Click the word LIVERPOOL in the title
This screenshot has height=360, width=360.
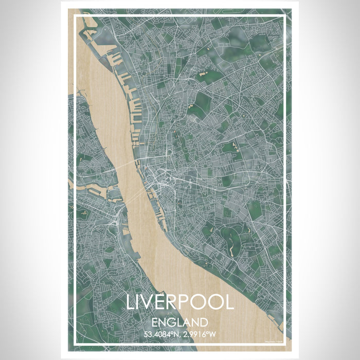pyautogui.click(x=180, y=303)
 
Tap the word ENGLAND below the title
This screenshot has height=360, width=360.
pyautogui.click(x=180, y=323)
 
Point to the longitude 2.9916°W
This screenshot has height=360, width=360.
pyautogui.click(x=200, y=334)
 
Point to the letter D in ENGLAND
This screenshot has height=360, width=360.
pyautogui.click(x=204, y=323)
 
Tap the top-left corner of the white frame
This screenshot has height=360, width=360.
pyautogui.click(x=75, y=15)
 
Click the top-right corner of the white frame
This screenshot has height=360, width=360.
pyautogui.click(x=285, y=15)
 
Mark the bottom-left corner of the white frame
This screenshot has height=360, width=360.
pyautogui.click(x=75, y=344)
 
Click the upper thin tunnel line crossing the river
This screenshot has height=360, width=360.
pyautogui.click(x=123, y=166)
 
